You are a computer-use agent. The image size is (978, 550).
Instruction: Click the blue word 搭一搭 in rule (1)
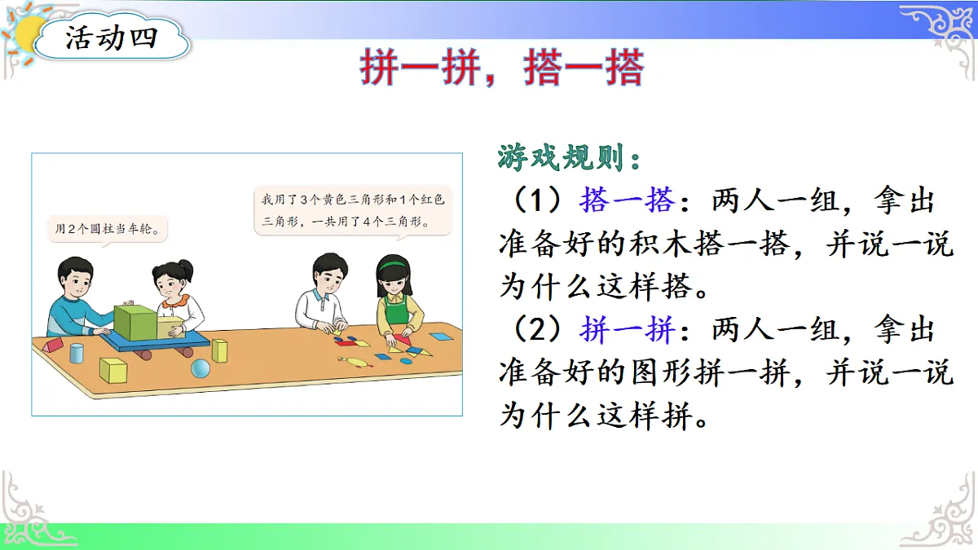pyautogui.click(x=627, y=200)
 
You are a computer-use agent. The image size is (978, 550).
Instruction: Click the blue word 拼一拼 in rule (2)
pyautogui.click(x=627, y=331)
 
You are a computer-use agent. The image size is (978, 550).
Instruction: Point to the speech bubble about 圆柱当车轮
pyautogui.click(x=106, y=230)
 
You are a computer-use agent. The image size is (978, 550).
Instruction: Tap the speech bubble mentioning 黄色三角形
pyautogui.click(x=353, y=210)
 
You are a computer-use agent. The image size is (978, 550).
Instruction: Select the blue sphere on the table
pyautogui.click(x=200, y=369)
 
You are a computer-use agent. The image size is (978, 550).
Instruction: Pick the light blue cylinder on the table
pyautogui.click(x=77, y=353)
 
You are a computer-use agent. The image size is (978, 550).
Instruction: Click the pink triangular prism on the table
pyautogui.click(x=51, y=345)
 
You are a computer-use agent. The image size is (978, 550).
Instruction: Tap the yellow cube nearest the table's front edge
pyautogui.click(x=112, y=371)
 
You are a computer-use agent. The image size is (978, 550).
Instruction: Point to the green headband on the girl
pyautogui.click(x=393, y=262)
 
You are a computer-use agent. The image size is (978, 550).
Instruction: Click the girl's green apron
pyautogui.click(x=396, y=314)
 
